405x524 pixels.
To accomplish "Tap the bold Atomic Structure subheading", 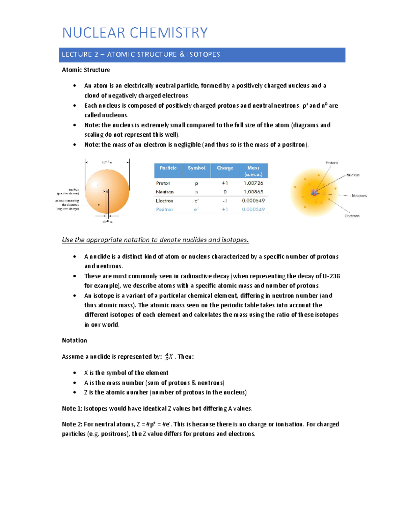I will click(x=86, y=70).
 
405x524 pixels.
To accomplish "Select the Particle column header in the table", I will click(x=168, y=168).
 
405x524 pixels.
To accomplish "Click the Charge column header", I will click(x=225, y=168).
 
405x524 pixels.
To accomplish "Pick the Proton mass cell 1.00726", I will click(x=253, y=183).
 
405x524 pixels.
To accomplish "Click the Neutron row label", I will click(x=165, y=192).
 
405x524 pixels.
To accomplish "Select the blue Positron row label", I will click(x=164, y=210).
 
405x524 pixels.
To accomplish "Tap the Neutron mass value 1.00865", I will click(x=253, y=192).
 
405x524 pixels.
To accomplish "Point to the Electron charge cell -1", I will click(x=225, y=201).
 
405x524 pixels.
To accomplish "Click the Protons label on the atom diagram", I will click(x=331, y=163).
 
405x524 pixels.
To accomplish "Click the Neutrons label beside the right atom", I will click(x=359, y=196).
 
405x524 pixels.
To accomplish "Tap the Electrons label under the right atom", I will click(x=352, y=216).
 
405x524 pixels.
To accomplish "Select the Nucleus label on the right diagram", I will click(x=353, y=175).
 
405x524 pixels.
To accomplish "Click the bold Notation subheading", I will click(x=75, y=340).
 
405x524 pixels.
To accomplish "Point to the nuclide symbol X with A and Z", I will click(x=169, y=357).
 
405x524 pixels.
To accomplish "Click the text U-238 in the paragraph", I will click(x=331, y=276).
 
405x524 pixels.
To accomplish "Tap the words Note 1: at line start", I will click(x=72, y=409).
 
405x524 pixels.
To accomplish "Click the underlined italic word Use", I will click(x=67, y=240).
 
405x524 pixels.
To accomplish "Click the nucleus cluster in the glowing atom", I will click(x=314, y=193).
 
